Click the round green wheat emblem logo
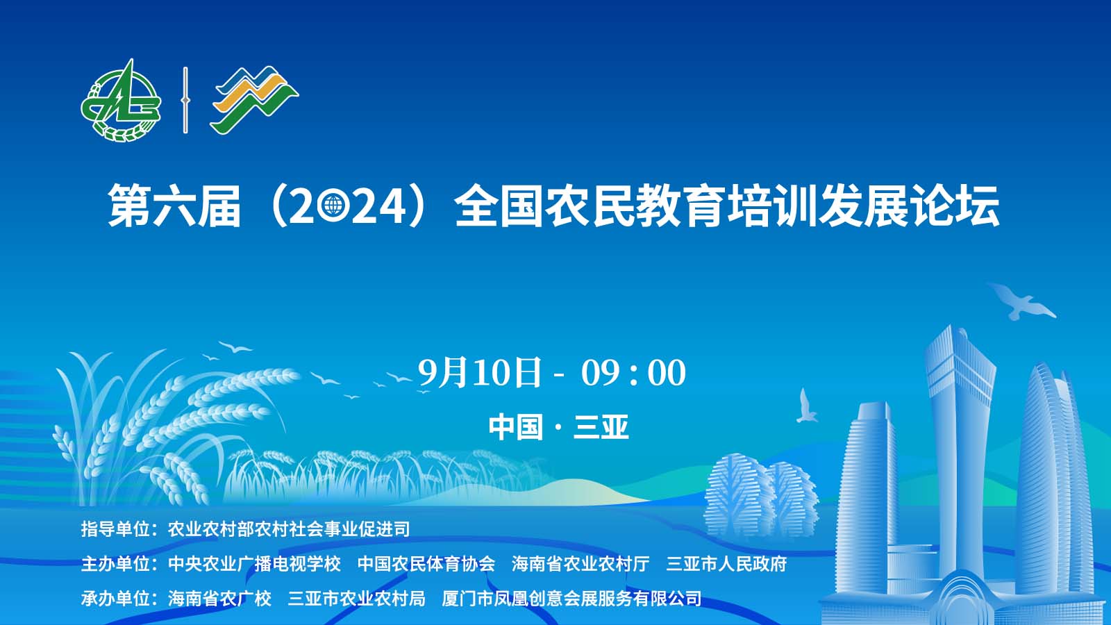pos(121,101)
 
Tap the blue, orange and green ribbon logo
pos(255,100)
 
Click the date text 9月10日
pos(479,372)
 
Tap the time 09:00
pos(633,373)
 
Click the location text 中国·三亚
pos(558,427)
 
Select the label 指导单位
pos(115,528)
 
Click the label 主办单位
pos(115,563)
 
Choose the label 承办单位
pos(115,598)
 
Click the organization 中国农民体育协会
pos(426,563)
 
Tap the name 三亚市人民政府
pos(726,563)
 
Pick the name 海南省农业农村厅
pos(580,563)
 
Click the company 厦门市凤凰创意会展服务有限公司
pos(571,598)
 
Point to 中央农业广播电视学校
pos(254,563)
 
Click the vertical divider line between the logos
pos(185,100)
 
